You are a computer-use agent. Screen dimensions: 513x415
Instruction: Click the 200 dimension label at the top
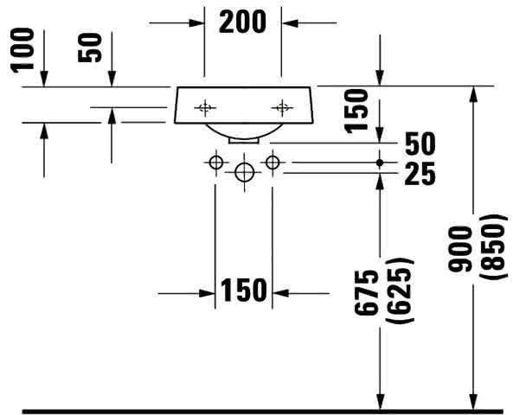point(242,22)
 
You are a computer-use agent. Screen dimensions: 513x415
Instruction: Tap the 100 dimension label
point(22,49)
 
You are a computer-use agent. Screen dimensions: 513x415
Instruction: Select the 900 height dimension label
point(460,249)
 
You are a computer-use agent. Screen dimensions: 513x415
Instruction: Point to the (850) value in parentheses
point(494,247)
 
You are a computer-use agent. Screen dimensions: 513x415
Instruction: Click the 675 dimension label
point(367,292)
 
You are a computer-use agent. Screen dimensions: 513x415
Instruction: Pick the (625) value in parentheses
point(400,291)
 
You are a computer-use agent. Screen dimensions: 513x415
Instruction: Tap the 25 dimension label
point(420,174)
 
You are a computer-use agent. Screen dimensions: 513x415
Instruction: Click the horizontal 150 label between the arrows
point(244,290)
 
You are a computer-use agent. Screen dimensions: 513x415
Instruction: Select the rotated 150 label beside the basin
point(356,111)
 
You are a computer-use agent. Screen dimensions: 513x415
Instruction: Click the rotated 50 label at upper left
point(90,48)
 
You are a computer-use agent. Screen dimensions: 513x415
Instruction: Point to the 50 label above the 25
point(420,144)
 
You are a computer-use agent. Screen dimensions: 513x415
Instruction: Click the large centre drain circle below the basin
point(245,172)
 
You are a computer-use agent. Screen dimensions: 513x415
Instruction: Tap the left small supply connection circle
point(216,163)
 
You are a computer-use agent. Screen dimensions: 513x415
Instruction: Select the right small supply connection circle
point(273,163)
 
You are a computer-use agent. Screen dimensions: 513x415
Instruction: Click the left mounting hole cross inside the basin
point(205,107)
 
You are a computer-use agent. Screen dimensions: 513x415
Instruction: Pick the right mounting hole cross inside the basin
point(282,107)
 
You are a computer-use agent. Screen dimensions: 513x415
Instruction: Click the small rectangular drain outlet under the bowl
point(244,141)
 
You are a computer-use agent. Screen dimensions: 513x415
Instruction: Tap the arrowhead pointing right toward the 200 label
point(197,22)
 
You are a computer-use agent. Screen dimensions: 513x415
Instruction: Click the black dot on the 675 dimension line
point(380,163)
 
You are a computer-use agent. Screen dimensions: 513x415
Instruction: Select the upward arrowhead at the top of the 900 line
point(473,94)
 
